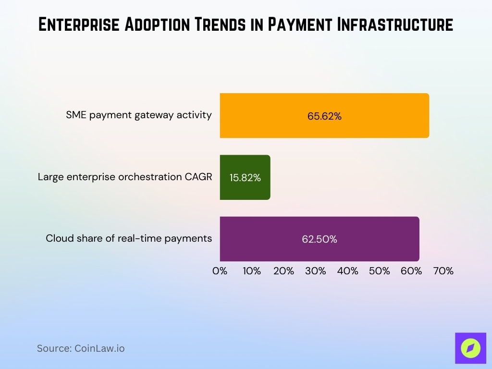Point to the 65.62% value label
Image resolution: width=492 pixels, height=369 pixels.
324,116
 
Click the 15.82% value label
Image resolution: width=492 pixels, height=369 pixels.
245,178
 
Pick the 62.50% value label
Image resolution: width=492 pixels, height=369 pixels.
320,239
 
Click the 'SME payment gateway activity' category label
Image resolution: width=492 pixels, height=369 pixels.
139,115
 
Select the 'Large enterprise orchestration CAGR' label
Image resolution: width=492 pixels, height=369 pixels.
125,177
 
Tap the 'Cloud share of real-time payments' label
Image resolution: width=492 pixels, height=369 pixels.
129,238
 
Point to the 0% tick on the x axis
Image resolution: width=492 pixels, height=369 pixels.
220,271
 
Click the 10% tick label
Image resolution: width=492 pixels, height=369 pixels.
252,271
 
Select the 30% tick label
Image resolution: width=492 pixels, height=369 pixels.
316,271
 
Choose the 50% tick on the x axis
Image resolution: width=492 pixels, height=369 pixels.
380,271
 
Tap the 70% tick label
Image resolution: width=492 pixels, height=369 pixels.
443,271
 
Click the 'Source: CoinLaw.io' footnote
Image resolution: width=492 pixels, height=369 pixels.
81,348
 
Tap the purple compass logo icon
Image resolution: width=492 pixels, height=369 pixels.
470,348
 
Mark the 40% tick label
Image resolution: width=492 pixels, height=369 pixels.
347,271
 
